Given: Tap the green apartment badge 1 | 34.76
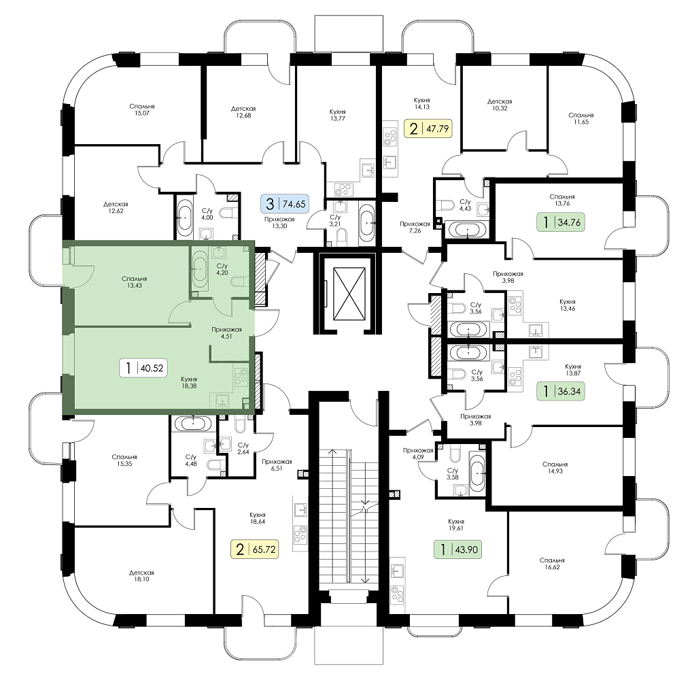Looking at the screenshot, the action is (x=561, y=222).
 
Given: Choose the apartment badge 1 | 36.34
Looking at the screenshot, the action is (x=561, y=391).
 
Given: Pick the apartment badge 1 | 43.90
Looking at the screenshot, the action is (x=458, y=549).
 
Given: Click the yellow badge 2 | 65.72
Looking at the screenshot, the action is (x=255, y=549).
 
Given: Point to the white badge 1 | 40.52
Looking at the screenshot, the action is (x=143, y=368).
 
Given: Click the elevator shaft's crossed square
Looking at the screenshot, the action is (x=349, y=294).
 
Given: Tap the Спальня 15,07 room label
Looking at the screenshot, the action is (x=142, y=109).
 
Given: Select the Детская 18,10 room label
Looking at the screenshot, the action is (x=141, y=576).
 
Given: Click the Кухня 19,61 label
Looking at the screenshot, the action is (x=455, y=524).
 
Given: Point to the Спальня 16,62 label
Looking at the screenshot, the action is (x=552, y=564).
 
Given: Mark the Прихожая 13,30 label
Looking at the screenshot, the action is (x=279, y=222).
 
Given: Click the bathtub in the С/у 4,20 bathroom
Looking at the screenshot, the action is (x=200, y=269).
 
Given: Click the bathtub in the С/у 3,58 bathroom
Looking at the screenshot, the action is (x=477, y=472).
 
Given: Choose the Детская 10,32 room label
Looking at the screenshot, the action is (x=500, y=105).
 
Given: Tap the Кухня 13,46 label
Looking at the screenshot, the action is (x=568, y=305).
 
